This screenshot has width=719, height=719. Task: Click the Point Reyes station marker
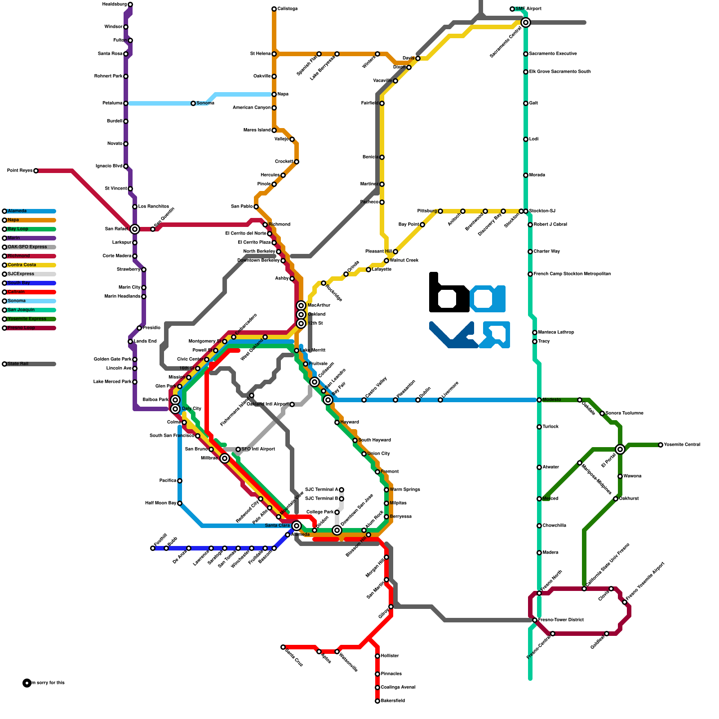tap(36, 171)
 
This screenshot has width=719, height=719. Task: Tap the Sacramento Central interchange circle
tap(526, 22)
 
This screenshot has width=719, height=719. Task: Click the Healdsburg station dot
tap(130, 4)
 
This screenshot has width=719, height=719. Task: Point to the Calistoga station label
tap(288, 9)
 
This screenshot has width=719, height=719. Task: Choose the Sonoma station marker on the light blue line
tap(193, 103)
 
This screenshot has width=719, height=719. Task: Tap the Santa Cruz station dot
tap(283, 647)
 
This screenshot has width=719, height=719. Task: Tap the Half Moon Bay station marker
tap(180, 503)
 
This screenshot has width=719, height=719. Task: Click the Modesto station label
tap(552, 400)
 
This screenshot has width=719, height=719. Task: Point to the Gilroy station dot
tap(391, 607)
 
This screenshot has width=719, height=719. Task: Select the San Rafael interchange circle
tap(135, 229)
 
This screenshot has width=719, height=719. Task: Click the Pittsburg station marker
tap(440, 211)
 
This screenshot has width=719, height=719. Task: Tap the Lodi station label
tap(534, 139)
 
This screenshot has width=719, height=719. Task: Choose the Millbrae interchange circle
tap(225, 458)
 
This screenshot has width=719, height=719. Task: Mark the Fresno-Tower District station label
tap(561, 620)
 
